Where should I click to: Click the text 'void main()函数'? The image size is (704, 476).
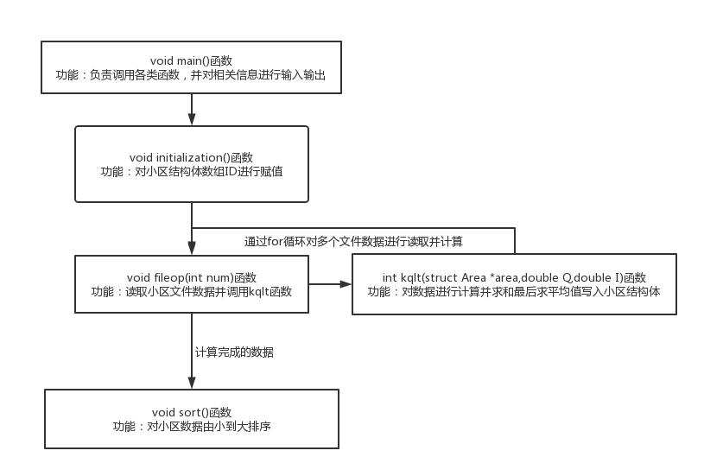[191, 60]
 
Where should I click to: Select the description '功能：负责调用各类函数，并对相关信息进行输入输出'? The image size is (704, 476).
[191, 75]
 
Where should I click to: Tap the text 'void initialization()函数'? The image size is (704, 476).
[191, 157]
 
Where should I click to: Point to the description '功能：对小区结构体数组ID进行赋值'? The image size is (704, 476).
[192, 172]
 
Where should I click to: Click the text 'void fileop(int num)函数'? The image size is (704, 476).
[192, 277]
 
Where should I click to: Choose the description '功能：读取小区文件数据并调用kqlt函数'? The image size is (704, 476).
[192, 292]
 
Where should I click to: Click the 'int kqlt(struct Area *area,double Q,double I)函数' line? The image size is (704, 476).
[514, 277]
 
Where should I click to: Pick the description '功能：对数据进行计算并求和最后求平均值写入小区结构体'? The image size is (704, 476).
[514, 292]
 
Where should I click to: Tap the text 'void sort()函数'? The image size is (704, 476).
[192, 412]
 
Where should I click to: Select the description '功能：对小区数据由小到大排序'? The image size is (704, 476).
[192, 427]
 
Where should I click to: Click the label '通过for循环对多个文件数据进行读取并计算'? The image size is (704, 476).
[353, 242]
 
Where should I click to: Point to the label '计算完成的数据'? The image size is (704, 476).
[234, 352]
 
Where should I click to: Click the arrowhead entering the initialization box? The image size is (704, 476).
[192, 119]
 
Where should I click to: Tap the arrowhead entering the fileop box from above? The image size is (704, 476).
[192, 248]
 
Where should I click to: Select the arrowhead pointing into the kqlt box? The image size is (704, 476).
[346, 284]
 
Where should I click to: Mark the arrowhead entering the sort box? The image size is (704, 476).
[192, 383]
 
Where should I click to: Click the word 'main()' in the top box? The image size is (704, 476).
[193, 60]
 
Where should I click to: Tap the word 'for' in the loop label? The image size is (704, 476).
[275, 242]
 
